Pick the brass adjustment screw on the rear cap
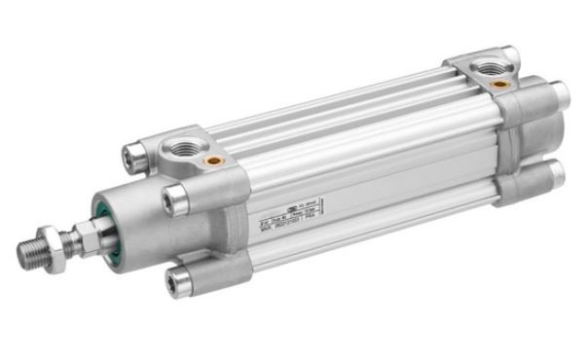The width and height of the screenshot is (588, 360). point(499,85)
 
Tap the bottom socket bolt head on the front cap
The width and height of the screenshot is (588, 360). point(177,283)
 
